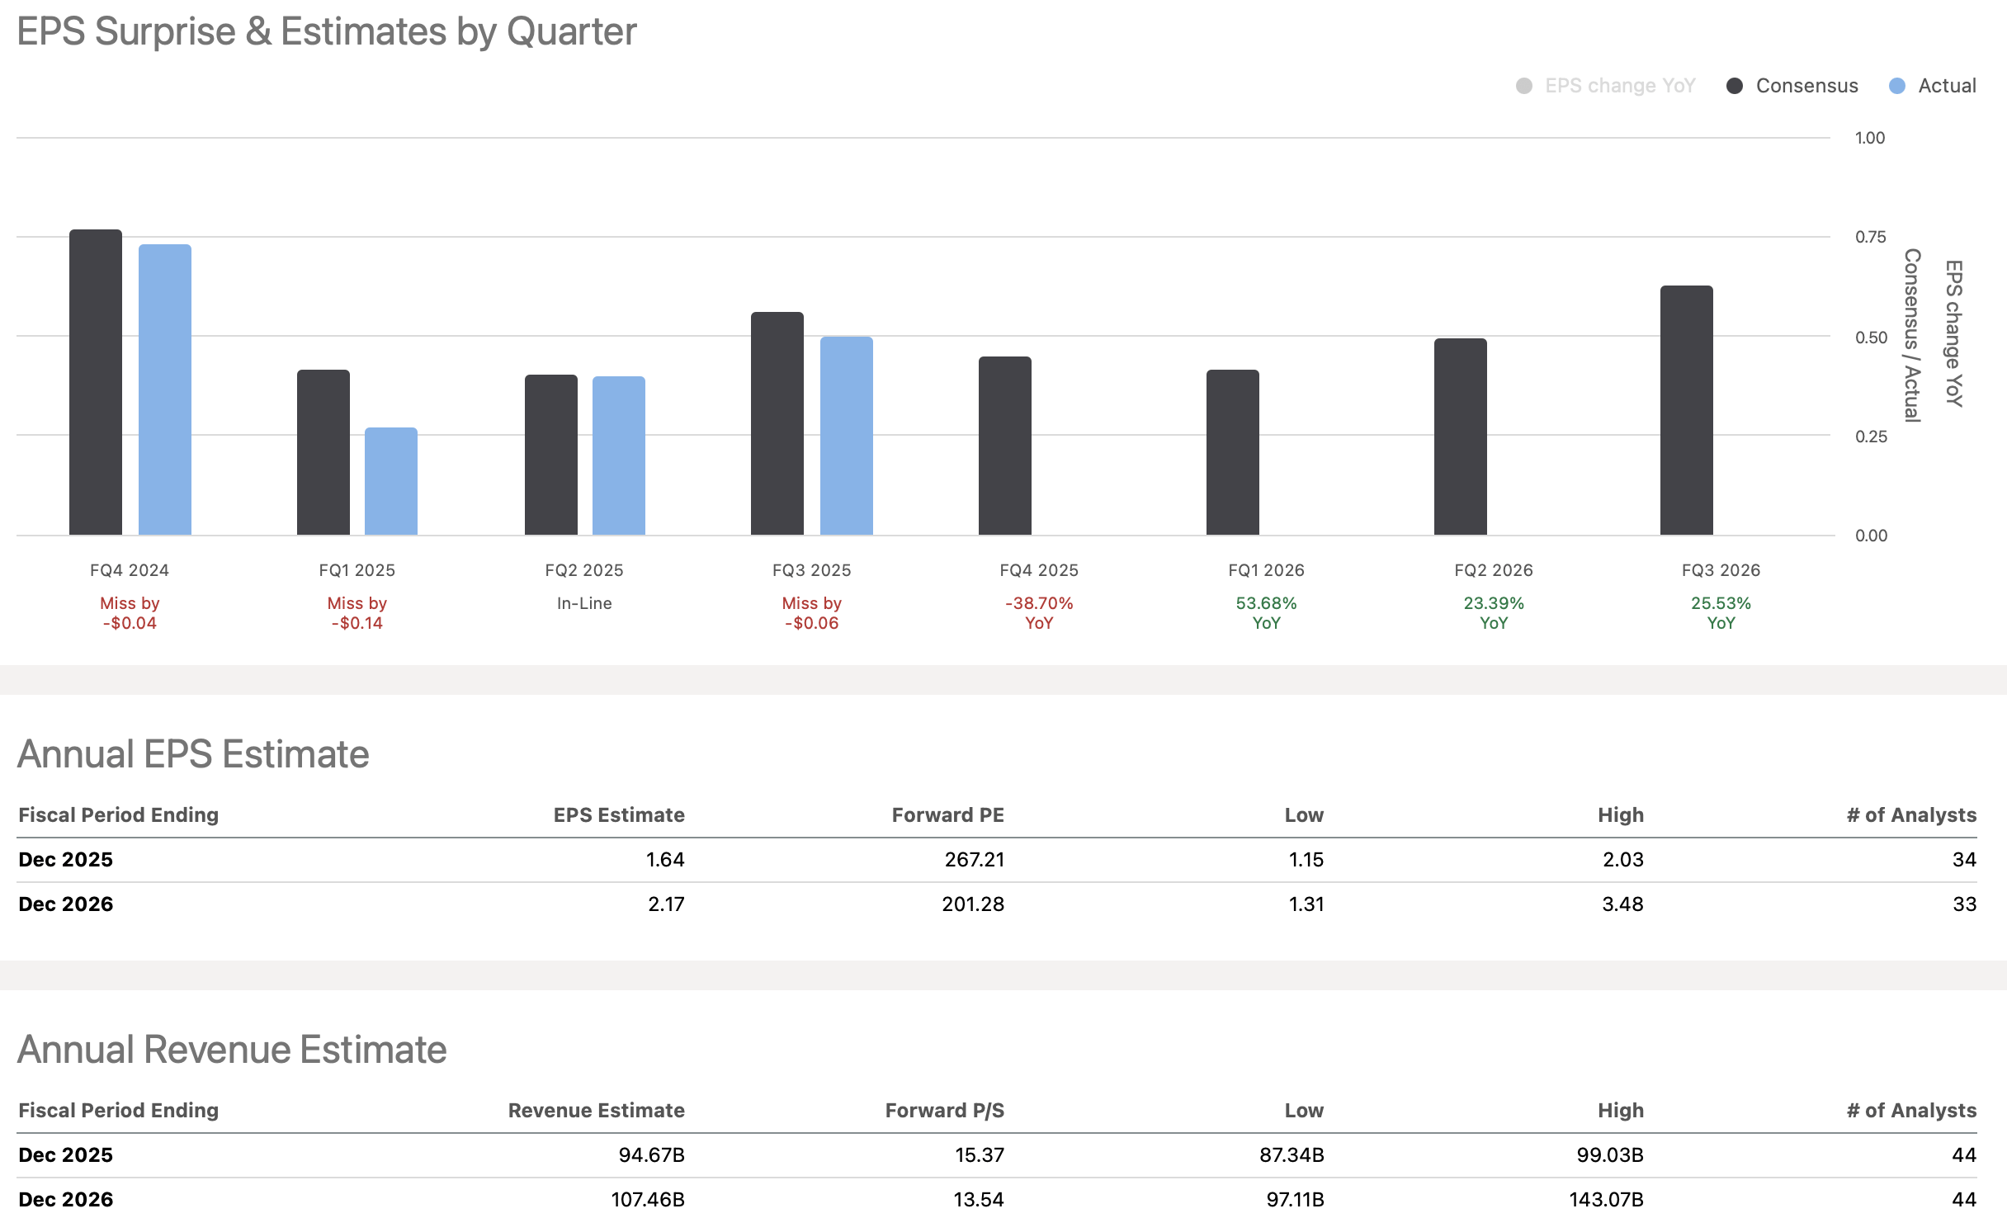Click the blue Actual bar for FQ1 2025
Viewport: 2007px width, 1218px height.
point(391,481)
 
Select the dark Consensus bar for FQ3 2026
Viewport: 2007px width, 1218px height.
point(1686,410)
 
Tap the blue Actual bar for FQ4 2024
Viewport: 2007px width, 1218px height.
point(165,389)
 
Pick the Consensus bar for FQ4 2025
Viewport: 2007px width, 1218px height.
point(1004,446)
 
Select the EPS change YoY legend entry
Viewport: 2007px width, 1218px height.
point(1606,86)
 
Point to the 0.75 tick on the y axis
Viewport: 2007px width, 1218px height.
point(1870,238)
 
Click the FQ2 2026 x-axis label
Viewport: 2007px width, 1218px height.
point(1493,570)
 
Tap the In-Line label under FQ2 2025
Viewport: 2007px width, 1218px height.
point(584,603)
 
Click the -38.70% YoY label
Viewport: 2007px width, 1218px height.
point(1039,613)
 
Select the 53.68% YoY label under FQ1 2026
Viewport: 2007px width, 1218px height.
point(1266,613)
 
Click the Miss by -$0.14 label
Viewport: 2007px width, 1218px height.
point(357,613)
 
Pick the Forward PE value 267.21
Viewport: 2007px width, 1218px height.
point(974,860)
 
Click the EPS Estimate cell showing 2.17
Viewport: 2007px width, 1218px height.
point(666,904)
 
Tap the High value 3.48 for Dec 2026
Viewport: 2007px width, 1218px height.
point(1622,904)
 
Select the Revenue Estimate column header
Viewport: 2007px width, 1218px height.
point(596,1111)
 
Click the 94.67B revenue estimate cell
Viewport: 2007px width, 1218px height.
point(651,1155)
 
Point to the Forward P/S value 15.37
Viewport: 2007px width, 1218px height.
point(979,1155)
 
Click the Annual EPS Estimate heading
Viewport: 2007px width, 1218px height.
point(193,754)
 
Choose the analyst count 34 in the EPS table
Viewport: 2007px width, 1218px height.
point(1963,860)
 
